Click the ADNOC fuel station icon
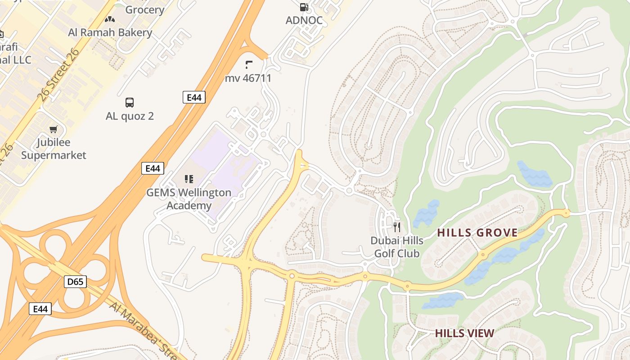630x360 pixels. click(304, 7)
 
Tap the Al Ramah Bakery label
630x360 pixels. click(110, 32)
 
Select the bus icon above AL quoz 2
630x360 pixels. click(130, 103)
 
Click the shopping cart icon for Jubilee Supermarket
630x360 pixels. click(54, 130)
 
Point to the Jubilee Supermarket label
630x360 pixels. click(54, 149)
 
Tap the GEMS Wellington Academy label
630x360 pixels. click(189, 199)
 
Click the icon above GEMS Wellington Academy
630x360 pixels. click(189, 179)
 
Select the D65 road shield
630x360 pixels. click(75, 282)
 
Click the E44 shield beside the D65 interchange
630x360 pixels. click(40, 309)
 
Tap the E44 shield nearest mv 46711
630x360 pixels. click(194, 97)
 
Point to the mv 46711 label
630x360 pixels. click(248, 78)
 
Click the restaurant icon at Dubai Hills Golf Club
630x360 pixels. click(396, 227)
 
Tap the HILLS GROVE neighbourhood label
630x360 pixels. click(477, 233)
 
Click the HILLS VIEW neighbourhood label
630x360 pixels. click(464, 333)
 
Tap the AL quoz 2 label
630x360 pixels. click(130, 116)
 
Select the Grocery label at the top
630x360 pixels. click(144, 9)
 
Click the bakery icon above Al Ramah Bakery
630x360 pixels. click(110, 19)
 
